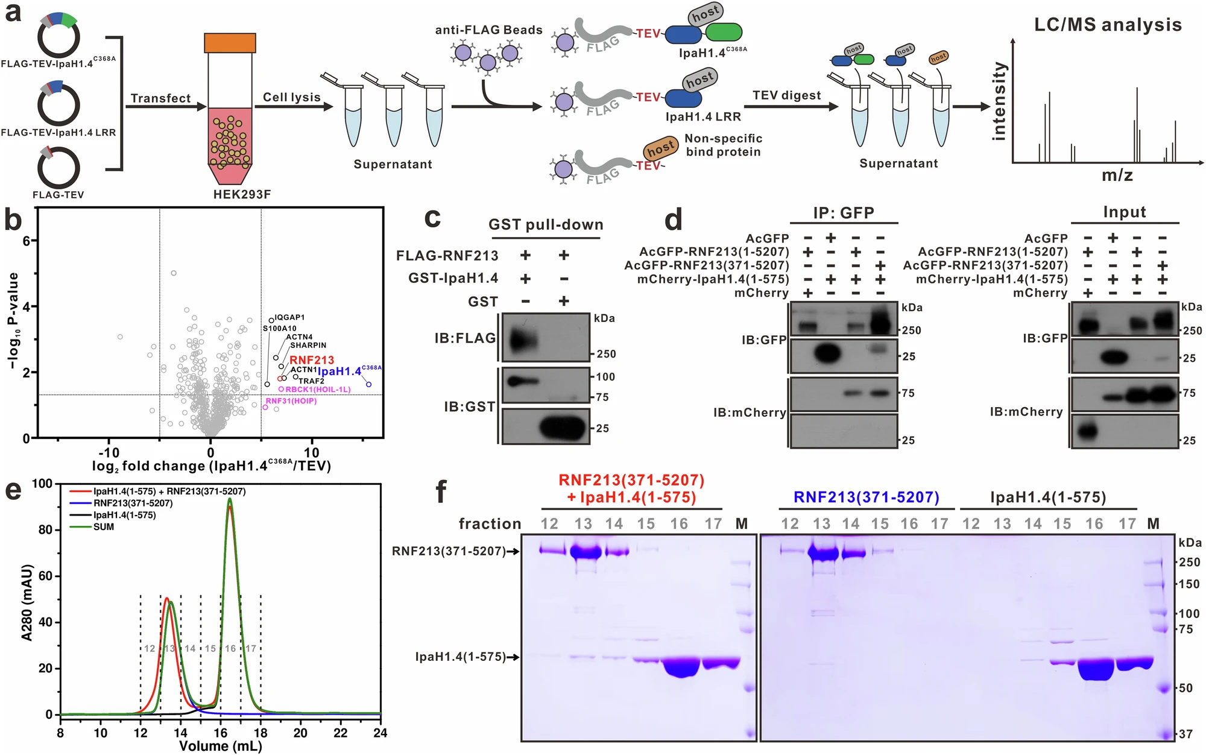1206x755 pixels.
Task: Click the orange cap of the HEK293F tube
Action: point(230,43)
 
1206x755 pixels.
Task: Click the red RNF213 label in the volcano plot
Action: point(311,360)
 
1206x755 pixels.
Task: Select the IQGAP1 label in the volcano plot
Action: point(289,317)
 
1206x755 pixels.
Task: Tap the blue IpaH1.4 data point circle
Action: point(368,384)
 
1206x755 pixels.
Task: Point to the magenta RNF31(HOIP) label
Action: point(291,401)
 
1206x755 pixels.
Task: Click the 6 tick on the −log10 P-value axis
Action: point(27,241)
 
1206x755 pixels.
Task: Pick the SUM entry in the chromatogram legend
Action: point(103,527)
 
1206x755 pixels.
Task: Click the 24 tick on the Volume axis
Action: point(380,733)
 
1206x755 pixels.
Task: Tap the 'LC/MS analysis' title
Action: point(1108,25)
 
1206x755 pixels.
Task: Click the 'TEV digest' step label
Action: point(786,95)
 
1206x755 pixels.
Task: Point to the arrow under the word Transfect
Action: point(165,107)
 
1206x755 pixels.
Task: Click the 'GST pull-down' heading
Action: point(545,225)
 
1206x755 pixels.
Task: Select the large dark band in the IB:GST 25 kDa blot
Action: point(563,428)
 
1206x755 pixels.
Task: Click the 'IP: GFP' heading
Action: point(844,213)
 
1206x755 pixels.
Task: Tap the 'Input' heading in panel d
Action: point(1124,212)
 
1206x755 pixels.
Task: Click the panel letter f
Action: point(441,491)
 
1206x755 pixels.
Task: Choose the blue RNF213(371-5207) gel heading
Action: point(866,498)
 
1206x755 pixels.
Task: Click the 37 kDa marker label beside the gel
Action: point(1185,734)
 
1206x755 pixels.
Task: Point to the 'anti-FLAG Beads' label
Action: point(488,30)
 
